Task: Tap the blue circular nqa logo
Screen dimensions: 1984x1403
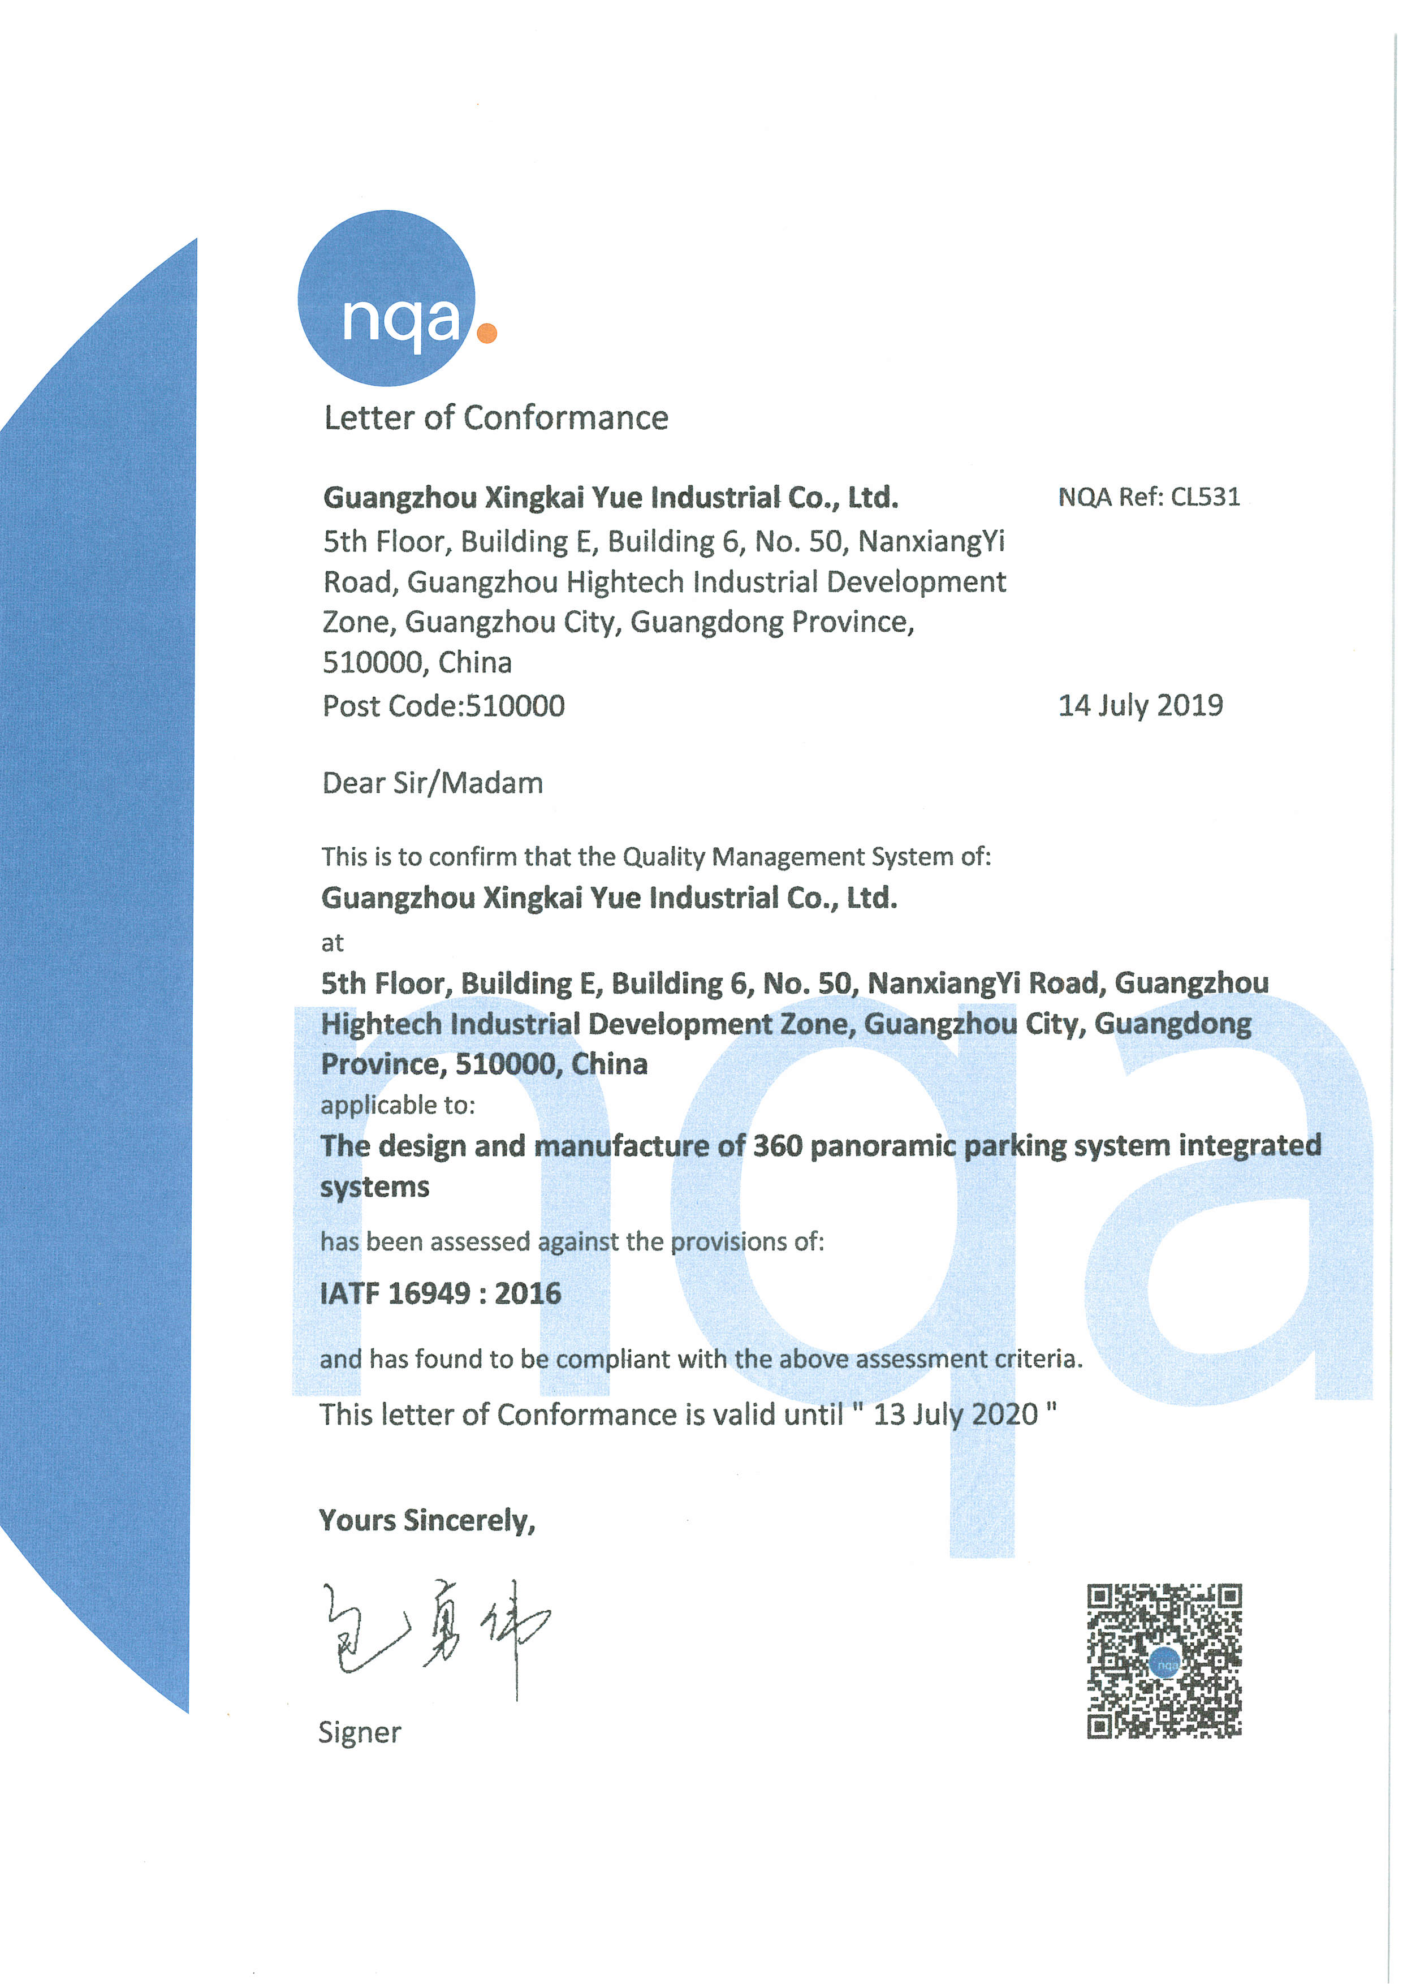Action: click(x=386, y=298)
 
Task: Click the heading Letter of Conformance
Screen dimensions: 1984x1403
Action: click(x=496, y=418)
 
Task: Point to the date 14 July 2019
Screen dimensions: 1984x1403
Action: click(x=1141, y=705)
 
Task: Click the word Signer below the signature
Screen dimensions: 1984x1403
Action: click(x=360, y=1732)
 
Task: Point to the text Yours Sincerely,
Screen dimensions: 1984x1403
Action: click(x=427, y=1520)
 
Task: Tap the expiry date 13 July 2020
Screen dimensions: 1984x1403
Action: click(x=956, y=1414)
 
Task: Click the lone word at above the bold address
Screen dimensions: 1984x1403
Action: click(x=332, y=943)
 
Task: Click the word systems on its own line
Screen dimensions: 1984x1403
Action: click(x=374, y=1187)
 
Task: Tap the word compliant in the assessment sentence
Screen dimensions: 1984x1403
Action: click(x=612, y=1359)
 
